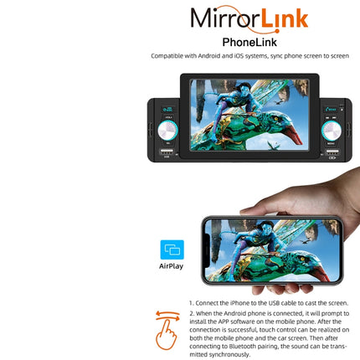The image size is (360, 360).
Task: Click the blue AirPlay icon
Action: [172, 249]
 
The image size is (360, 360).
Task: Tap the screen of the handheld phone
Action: [260, 249]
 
